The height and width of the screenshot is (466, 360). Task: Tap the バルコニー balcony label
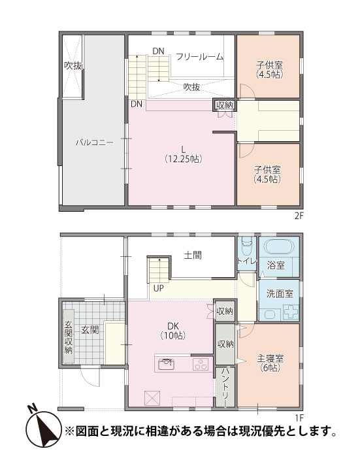pyautogui.click(x=95, y=142)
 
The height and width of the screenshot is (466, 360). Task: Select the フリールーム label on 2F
pyautogui.click(x=200, y=56)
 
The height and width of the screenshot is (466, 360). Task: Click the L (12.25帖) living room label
pyautogui.click(x=184, y=154)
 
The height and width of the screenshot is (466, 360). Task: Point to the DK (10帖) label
pyautogui.click(x=173, y=331)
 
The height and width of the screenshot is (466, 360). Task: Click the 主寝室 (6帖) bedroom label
pyautogui.click(x=270, y=363)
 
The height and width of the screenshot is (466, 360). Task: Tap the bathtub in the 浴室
pyautogui.click(x=279, y=246)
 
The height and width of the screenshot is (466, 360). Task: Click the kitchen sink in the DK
pyautogui.click(x=166, y=364)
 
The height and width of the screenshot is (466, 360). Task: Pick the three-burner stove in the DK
pyautogui.click(x=201, y=364)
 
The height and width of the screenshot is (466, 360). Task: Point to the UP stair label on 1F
pyautogui.click(x=158, y=288)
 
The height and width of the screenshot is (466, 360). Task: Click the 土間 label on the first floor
pyautogui.click(x=193, y=255)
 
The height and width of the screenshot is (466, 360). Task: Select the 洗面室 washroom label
pyautogui.click(x=280, y=293)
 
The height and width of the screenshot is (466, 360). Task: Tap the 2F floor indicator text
pyautogui.click(x=299, y=216)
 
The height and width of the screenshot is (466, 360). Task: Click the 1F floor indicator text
pyautogui.click(x=299, y=418)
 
